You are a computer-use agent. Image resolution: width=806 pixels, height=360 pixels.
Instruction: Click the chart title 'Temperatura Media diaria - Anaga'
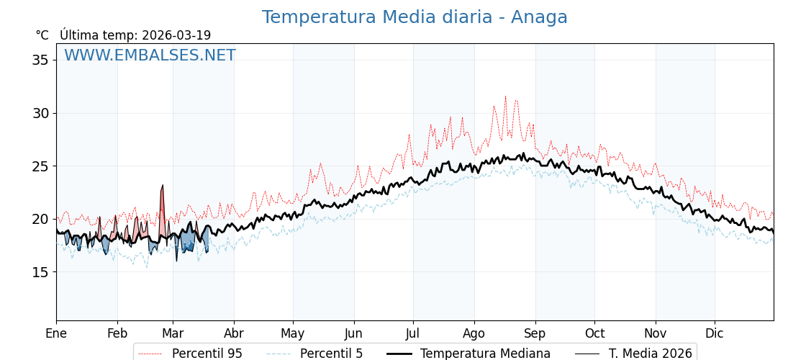(x=415, y=17)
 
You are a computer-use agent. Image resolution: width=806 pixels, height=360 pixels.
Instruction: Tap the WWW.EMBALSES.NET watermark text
(x=150, y=55)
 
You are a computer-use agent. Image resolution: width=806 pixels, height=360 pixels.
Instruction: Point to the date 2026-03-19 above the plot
(x=176, y=35)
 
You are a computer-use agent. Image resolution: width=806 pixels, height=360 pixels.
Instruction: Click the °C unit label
(x=42, y=35)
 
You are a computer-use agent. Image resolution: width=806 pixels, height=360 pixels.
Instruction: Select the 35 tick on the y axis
(x=40, y=60)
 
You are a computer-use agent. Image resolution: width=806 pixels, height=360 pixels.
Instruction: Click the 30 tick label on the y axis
(x=40, y=113)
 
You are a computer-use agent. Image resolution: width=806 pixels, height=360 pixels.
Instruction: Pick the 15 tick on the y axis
(x=40, y=272)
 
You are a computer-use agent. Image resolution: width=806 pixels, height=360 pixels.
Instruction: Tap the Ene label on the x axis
(x=56, y=333)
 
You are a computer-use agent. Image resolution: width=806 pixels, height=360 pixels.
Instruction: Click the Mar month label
(x=173, y=333)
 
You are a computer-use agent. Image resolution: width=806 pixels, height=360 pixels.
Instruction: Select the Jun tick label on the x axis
(x=354, y=333)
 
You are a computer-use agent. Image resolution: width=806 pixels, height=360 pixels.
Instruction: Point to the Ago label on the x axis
(x=474, y=333)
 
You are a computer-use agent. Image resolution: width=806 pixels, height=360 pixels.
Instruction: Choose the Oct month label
(x=594, y=333)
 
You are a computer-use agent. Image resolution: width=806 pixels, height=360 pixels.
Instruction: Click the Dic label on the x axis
(x=715, y=333)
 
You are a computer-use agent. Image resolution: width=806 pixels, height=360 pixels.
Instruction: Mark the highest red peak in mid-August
(x=505, y=97)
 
